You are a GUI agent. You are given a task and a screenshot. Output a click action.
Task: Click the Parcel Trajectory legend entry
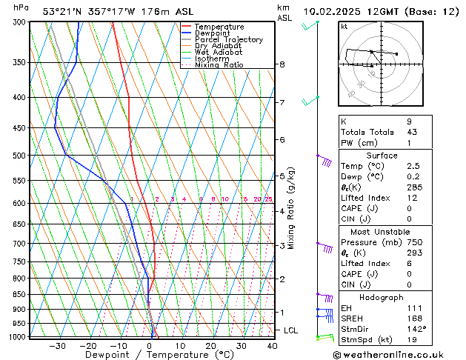[228, 39]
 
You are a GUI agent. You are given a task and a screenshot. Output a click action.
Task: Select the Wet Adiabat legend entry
[218, 52]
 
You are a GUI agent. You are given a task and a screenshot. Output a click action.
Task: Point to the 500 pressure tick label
[20, 156]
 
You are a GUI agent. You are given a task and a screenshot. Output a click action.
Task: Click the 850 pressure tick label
[20, 294]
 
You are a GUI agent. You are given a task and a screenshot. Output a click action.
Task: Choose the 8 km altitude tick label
[282, 64]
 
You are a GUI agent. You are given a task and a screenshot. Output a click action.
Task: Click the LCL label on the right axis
[291, 330]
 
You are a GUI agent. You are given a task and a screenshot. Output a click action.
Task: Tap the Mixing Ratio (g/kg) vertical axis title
[292, 208]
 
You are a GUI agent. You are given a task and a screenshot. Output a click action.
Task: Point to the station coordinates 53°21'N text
[62, 11]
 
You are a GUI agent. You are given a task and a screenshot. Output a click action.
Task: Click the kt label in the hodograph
[344, 27]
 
